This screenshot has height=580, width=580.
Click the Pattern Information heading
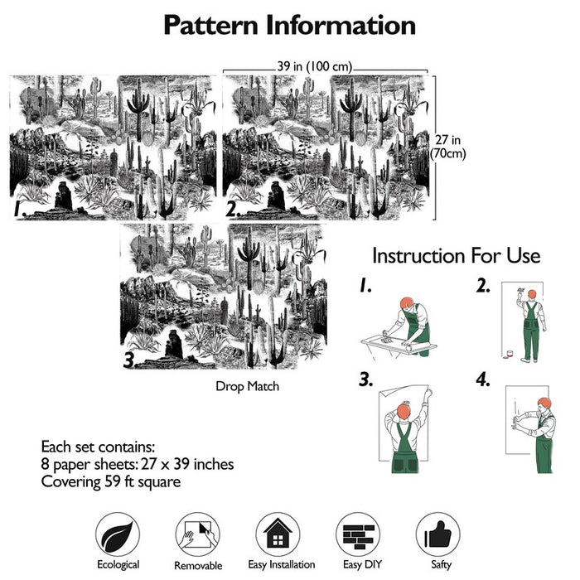point(289,25)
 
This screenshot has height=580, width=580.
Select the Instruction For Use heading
point(456,255)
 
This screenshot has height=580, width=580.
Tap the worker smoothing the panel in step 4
point(539,431)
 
